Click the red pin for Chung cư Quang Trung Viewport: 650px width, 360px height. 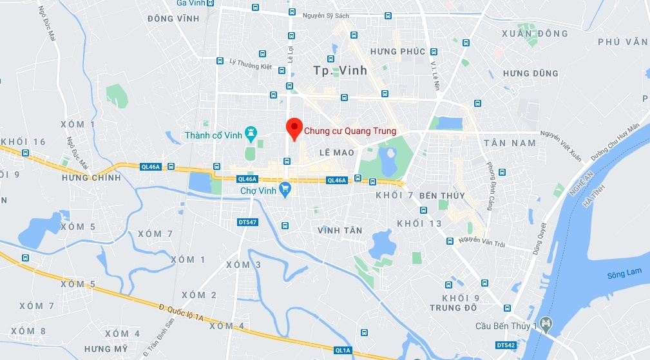(294, 128)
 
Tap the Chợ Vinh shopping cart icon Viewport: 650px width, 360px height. (285, 191)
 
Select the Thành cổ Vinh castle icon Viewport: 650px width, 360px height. (251, 135)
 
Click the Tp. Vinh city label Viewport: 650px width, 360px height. (340, 70)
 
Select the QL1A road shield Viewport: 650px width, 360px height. (343, 350)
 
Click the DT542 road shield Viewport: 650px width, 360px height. (506, 345)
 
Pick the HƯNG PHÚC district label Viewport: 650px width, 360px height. (397, 52)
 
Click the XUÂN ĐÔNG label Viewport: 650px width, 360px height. (535, 33)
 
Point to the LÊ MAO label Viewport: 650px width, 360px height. (337, 152)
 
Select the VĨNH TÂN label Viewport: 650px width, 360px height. (340, 230)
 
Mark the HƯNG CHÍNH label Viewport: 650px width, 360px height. (91, 177)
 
